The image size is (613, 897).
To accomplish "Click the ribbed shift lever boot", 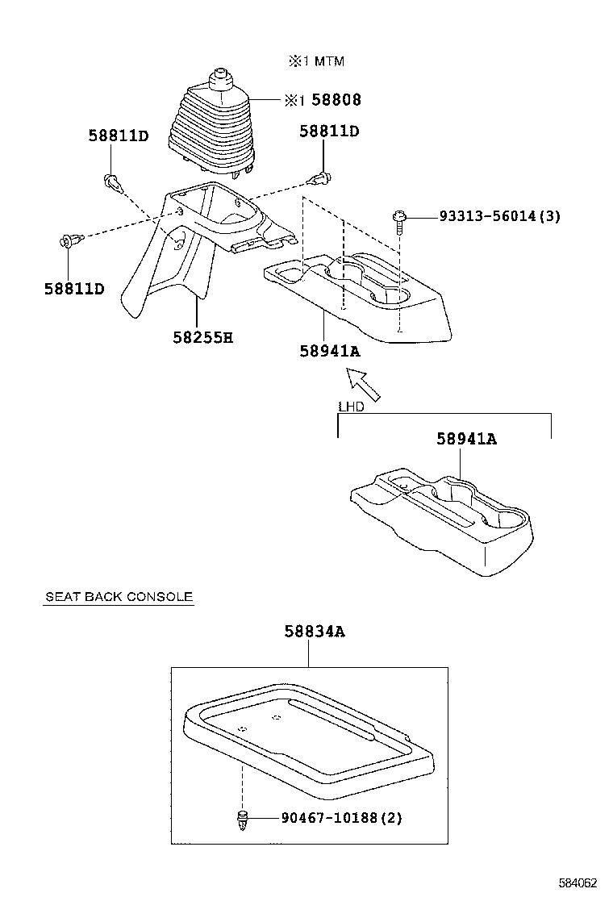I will point(211,129).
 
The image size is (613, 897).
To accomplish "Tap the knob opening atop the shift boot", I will point(219,77).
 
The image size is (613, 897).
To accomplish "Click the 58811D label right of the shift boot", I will point(329,131).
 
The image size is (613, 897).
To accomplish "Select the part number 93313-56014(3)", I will point(499,216).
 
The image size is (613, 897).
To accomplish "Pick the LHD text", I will point(351,407).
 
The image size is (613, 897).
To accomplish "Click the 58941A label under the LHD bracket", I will point(466,439).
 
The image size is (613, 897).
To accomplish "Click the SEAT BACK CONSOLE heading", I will point(119,597).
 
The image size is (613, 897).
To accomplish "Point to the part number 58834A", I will point(314,632).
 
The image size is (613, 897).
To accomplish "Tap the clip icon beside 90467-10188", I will point(243,820).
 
